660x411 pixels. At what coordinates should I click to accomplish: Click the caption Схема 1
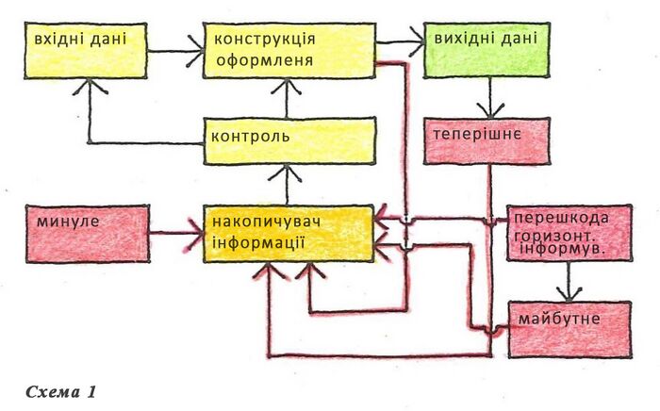(x=62, y=390)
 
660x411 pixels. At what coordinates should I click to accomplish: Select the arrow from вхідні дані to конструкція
(x=176, y=52)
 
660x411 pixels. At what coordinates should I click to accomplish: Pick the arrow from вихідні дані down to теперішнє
(x=489, y=99)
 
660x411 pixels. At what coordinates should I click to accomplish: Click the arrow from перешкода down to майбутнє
(x=566, y=280)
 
